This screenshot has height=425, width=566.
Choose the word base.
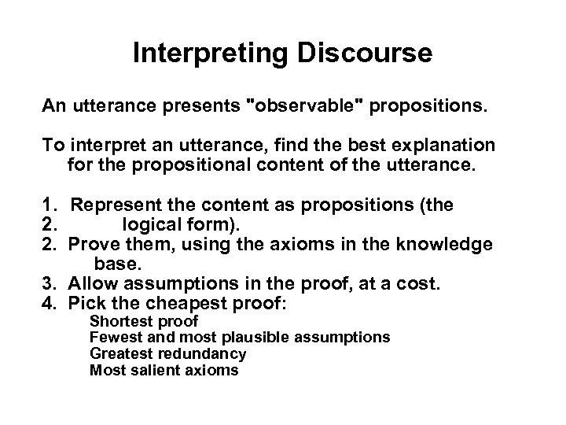point(116,263)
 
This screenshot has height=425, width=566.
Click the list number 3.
point(48,282)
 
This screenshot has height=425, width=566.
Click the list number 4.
point(48,301)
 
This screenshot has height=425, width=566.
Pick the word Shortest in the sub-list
point(119,321)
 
